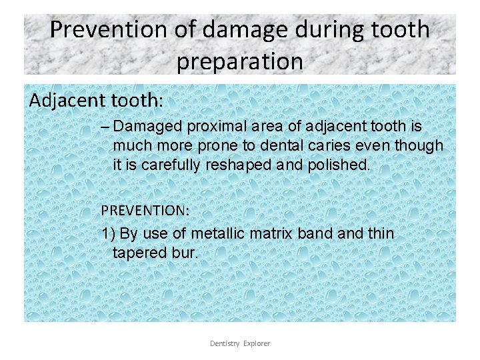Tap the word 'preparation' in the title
click(x=240, y=61)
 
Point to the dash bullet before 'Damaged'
click(x=106, y=127)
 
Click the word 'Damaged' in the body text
click(x=148, y=127)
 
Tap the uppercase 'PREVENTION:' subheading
click(x=145, y=210)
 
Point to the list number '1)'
click(x=109, y=234)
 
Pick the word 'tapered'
click(x=139, y=253)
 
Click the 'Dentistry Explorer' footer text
click(x=240, y=343)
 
